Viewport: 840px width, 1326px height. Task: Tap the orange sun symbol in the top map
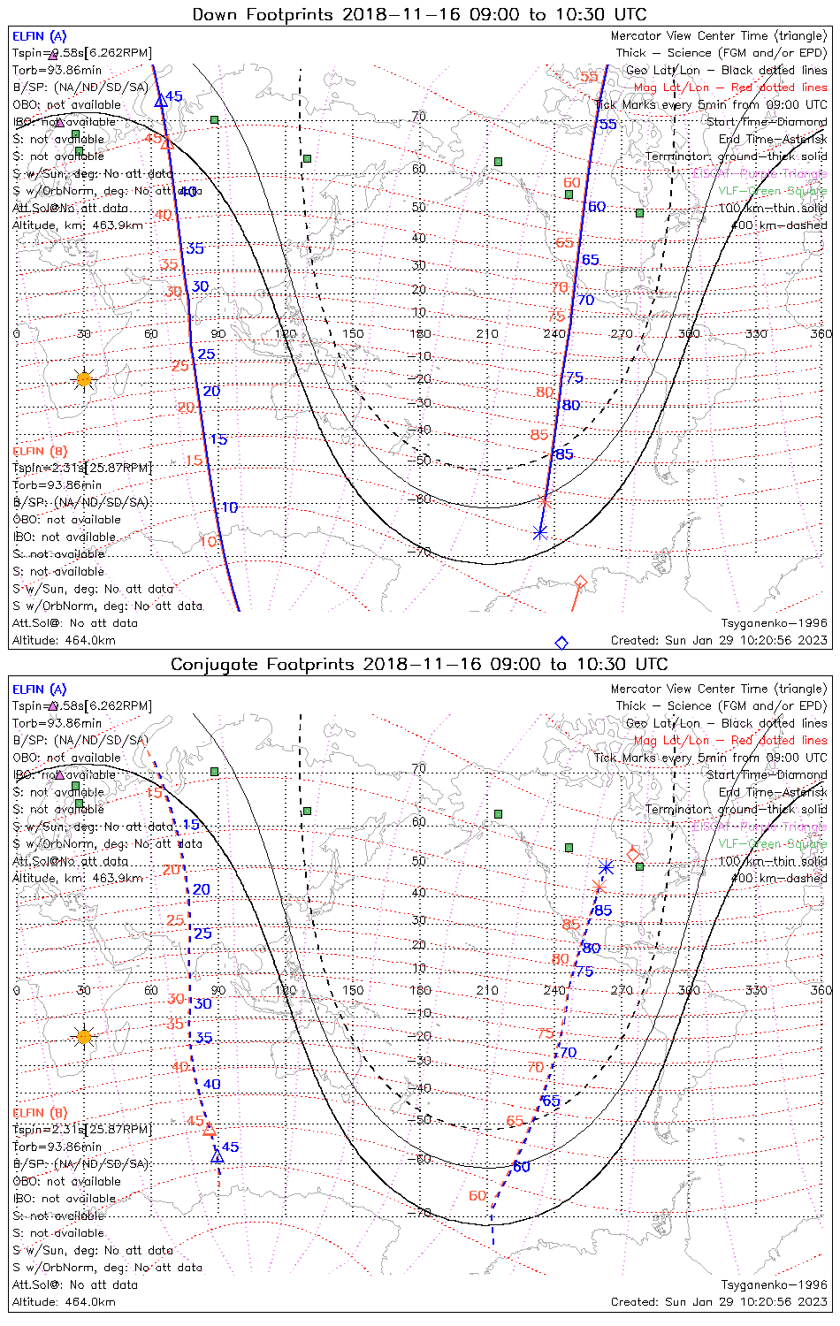pyautogui.click(x=84, y=379)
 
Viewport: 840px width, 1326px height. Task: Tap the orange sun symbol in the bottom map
pyautogui.click(x=84, y=1036)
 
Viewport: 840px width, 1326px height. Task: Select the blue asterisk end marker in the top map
pyautogui.click(x=540, y=532)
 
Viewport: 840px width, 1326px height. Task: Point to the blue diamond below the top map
pyautogui.click(x=561, y=643)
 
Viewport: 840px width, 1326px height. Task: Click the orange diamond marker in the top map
pyautogui.click(x=581, y=582)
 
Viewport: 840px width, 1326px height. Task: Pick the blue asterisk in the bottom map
pyautogui.click(x=606, y=867)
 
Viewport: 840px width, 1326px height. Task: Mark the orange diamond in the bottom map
pyautogui.click(x=633, y=854)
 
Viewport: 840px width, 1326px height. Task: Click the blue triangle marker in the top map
pyautogui.click(x=161, y=101)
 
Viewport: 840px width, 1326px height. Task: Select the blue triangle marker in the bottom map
pyautogui.click(x=218, y=1155)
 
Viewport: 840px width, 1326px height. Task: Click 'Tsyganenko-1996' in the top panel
pyautogui.click(x=774, y=623)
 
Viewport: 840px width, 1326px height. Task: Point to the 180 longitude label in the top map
pyautogui.click(x=420, y=333)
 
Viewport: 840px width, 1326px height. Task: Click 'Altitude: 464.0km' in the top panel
pyautogui.click(x=64, y=640)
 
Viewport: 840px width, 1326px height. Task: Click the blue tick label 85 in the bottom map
pyautogui.click(x=603, y=911)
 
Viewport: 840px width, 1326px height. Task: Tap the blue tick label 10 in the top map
pyautogui.click(x=230, y=507)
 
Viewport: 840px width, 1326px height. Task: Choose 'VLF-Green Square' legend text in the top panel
pyautogui.click(x=772, y=191)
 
